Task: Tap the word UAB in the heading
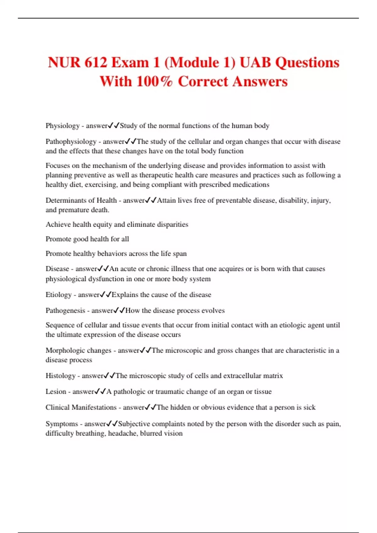255,62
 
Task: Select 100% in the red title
155,81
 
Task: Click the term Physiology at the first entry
63,126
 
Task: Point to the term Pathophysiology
71,142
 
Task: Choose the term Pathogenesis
65,311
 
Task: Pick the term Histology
60,376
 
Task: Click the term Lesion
56,392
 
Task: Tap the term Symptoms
62,424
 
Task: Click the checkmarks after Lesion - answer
100,392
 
